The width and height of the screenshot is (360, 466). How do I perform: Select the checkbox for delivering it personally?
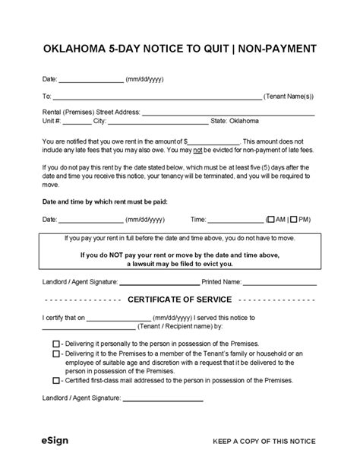point(56,343)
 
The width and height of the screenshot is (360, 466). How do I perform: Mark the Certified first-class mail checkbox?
point(56,379)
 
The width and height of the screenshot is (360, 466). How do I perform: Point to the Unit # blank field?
point(77,121)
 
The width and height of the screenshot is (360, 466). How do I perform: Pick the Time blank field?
point(234,219)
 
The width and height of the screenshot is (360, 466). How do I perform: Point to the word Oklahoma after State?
point(243,121)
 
